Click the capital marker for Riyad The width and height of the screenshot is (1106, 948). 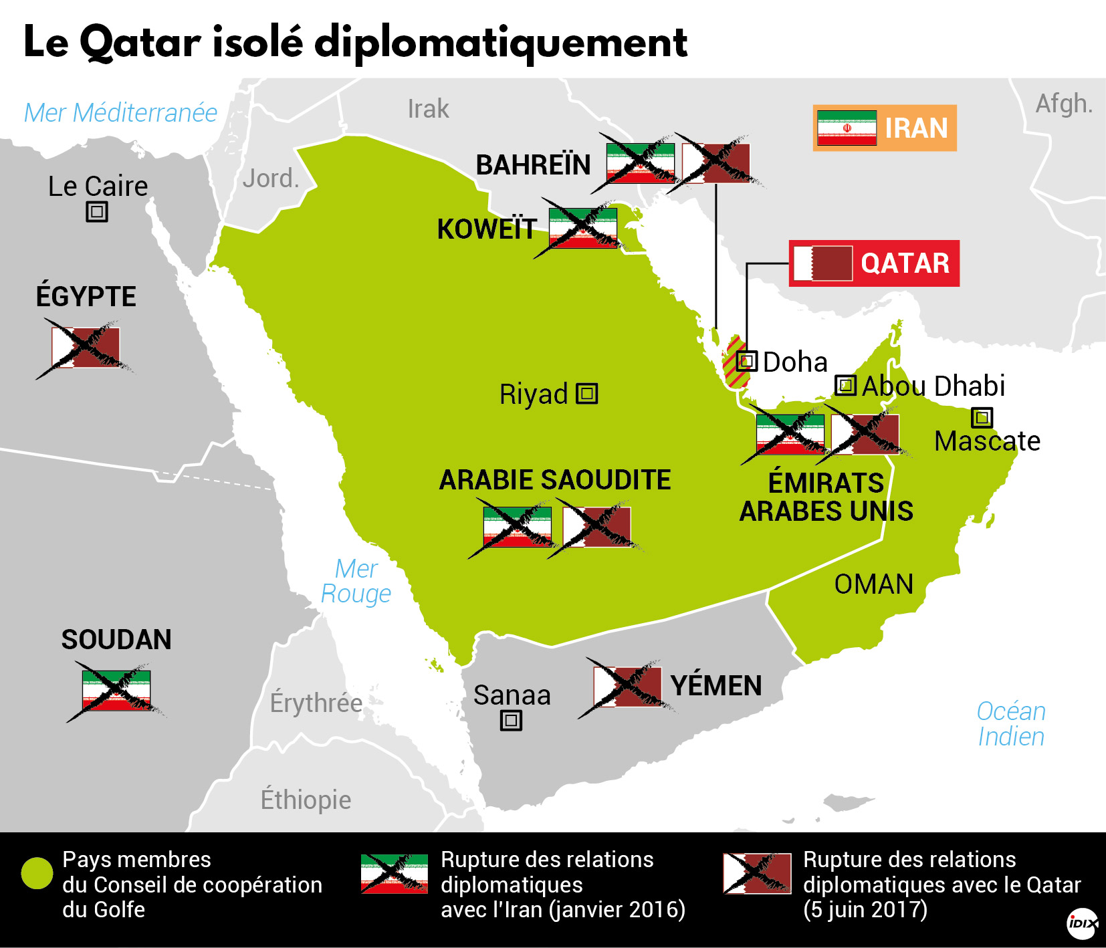pyautogui.click(x=587, y=393)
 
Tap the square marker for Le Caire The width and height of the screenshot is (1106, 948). pyautogui.click(x=97, y=212)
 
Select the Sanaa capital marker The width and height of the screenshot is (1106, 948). pyautogui.click(x=511, y=720)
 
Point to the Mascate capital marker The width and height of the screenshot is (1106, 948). pyautogui.click(x=982, y=417)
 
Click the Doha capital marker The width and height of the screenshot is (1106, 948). pyautogui.click(x=747, y=361)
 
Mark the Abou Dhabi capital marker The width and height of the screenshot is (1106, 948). pyautogui.click(x=846, y=385)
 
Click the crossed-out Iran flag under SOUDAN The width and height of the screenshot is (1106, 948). pyautogui.click(x=116, y=691)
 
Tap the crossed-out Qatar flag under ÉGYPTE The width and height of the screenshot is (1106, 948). pyautogui.click(x=86, y=348)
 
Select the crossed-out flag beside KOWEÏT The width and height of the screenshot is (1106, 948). pyautogui.click(x=582, y=228)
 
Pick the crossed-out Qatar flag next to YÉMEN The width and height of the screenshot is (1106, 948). pyautogui.click(x=627, y=687)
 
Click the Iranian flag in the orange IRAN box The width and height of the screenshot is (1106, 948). pyautogui.click(x=847, y=128)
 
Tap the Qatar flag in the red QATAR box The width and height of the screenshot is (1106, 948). pyautogui.click(x=823, y=263)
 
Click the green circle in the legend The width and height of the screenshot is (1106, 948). pyautogui.click(x=37, y=873)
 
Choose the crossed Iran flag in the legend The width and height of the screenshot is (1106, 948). pyautogui.click(x=394, y=873)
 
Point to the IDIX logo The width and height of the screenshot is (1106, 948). pyautogui.click(x=1082, y=924)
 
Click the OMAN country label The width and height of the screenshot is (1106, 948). pyautogui.click(x=873, y=584)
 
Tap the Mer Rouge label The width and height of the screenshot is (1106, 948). pyautogui.click(x=356, y=581)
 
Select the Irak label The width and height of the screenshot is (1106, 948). pyautogui.click(x=428, y=109)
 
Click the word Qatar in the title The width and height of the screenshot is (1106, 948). pyautogui.click(x=140, y=43)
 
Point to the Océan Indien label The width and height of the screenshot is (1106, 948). pyautogui.click(x=1010, y=724)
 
